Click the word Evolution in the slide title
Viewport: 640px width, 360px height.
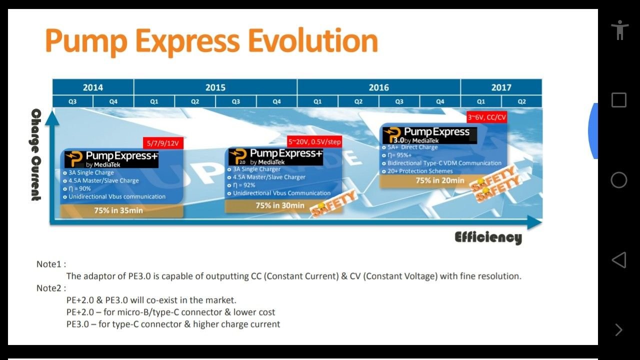(313, 41)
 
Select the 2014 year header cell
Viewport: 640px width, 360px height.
(93, 87)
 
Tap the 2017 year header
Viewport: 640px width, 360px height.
(501, 87)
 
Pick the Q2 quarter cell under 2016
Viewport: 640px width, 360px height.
(358, 101)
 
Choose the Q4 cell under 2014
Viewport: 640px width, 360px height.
(113, 101)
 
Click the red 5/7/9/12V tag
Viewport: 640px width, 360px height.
(163, 143)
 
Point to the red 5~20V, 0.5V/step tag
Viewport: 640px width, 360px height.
(314, 141)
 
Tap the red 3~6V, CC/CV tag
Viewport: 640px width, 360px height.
(487, 117)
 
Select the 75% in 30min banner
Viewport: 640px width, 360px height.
(280, 205)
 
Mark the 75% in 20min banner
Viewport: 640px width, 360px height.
(440, 180)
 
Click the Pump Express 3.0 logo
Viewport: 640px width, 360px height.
(429, 135)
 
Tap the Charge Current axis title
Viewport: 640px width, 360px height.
(36, 154)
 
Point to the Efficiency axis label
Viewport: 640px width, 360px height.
(488, 237)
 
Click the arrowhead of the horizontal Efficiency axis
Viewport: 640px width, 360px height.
(534, 222)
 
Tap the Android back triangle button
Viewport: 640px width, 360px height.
(619, 259)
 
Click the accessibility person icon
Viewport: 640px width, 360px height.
(619, 29)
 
